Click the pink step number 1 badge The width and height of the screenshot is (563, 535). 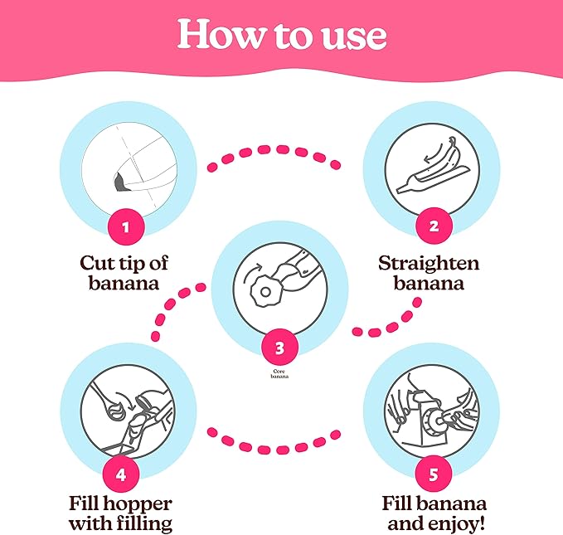click(126, 226)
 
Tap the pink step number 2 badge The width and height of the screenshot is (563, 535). click(434, 226)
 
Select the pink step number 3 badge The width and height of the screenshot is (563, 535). click(279, 347)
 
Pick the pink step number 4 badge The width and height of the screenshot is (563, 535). click(121, 474)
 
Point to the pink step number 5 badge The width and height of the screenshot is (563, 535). click(434, 474)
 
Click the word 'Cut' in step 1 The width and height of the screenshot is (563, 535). click(95, 263)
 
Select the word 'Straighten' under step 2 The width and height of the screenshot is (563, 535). click(429, 264)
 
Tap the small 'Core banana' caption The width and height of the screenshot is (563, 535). click(279, 374)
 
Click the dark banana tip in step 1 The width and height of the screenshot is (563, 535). click(119, 182)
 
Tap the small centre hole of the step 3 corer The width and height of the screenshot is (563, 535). click(265, 292)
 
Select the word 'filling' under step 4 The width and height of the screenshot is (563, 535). click(148, 524)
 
